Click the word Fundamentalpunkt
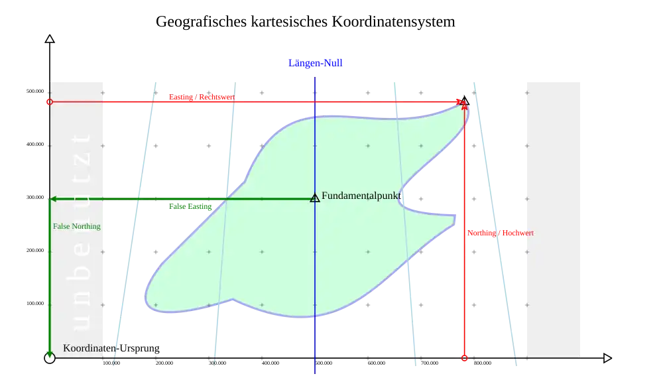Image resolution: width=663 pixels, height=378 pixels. click(x=361, y=196)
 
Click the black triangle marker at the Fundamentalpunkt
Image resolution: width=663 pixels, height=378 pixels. click(x=315, y=198)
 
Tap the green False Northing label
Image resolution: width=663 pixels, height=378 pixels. click(x=77, y=226)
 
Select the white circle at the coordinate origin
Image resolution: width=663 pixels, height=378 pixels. click(x=49, y=358)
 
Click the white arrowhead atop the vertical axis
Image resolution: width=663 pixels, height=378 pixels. click(x=49, y=39)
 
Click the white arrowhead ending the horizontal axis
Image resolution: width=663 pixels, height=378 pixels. click(x=607, y=358)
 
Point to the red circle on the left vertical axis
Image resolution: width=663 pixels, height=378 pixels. click(x=49, y=102)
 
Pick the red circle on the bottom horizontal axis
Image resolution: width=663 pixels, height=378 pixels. click(x=464, y=358)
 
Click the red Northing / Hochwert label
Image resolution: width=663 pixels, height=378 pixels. click(x=501, y=233)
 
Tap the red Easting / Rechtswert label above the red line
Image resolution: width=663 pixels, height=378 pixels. click(x=201, y=97)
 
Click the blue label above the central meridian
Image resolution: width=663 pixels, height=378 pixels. click(x=315, y=63)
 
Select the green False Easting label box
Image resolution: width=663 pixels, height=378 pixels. click(x=190, y=207)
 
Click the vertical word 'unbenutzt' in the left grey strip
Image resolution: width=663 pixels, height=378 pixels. click(x=81, y=232)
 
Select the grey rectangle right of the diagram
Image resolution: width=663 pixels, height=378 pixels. click(x=554, y=219)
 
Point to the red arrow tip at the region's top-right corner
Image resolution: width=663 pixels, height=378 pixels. click(x=463, y=104)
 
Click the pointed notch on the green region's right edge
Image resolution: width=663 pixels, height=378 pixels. click(x=400, y=203)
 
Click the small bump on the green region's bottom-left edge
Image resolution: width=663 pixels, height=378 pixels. click(x=232, y=299)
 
